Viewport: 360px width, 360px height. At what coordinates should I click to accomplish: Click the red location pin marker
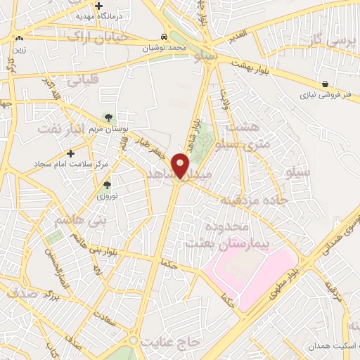point(181,165)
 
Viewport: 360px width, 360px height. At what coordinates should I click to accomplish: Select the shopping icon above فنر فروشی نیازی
point(324,83)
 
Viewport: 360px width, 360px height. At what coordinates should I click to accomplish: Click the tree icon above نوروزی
point(107,186)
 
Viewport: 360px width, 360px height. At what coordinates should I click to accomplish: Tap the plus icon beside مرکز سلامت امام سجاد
point(70,153)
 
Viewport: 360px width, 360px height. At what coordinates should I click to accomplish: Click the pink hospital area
point(250,271)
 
